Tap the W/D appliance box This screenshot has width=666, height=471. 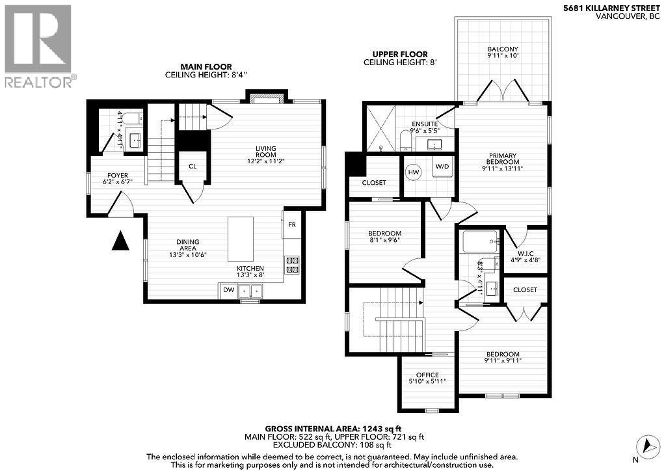pos(442,167)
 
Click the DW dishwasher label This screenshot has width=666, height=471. pos(228,290)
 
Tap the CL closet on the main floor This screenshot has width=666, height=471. pos(193,166)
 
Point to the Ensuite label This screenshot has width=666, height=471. pos(425,127)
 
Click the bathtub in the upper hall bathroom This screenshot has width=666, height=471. pos(480,242)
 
